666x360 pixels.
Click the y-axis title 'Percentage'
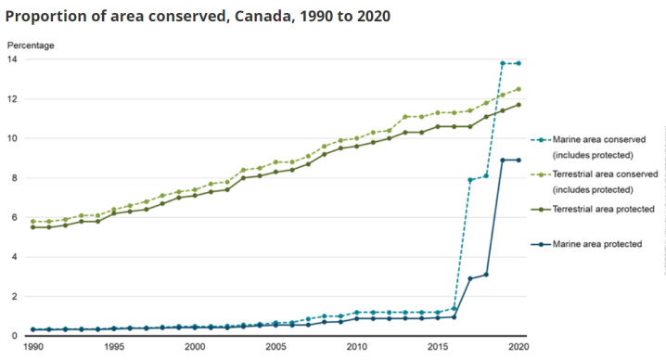pyautogui.click(x=31, y=45)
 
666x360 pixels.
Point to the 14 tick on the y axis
pyautogui.click(x=12, y=59)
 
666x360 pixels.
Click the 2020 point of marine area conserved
pyautogui.click(x=518, y=63)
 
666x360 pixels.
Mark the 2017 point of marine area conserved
pyautogui.click(x=469, y=180)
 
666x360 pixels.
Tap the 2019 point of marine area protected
pyautogui.click(x=502, y=160)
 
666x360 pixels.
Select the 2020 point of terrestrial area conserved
pyautogui.click(x=518, y=89)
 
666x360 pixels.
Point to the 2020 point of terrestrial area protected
pyautogui.click(x=518, y=105)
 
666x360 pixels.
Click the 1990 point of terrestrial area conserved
pyautogui.click(x=33, y=222)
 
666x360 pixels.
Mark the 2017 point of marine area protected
pyautogui.click(x=469, y=278)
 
